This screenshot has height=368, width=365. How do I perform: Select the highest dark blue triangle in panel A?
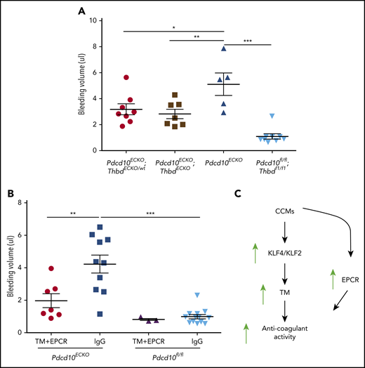(224, 48)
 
